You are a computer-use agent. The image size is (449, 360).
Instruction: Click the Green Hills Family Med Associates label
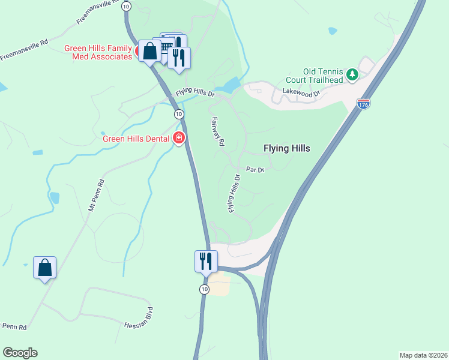coord(99,52)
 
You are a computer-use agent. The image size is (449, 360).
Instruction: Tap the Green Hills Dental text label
coord(136,139)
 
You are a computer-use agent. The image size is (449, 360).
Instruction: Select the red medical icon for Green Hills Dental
coord(179,139)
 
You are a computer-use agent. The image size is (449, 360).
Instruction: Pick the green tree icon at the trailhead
coord(353,75)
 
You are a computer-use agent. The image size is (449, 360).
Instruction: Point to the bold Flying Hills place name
coord(287,148)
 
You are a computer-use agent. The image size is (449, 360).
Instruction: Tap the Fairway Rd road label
coord(217,132)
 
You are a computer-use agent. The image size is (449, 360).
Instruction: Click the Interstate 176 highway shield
coord(363,104)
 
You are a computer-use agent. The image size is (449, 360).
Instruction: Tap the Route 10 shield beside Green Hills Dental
coord(179,114)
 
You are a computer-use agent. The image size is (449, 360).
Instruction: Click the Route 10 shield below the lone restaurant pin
coord(205,289)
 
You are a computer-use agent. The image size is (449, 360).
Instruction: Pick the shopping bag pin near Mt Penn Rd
coord(45,268)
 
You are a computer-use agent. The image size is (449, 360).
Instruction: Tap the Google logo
coord(20,353)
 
